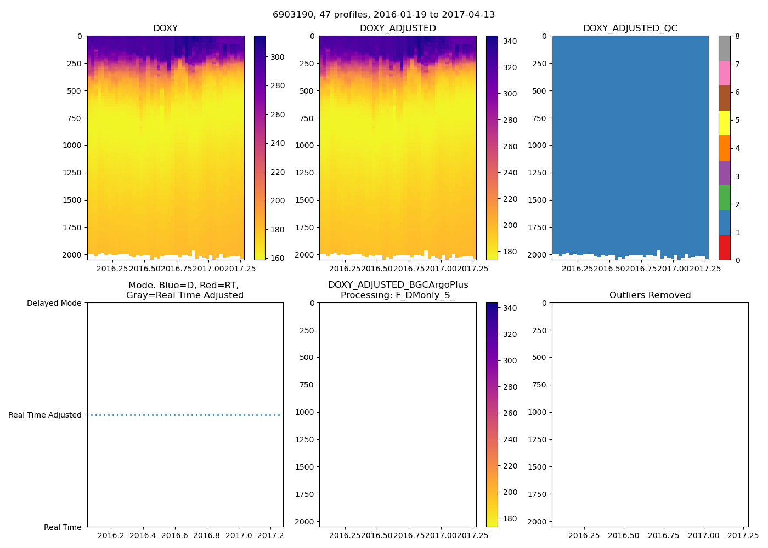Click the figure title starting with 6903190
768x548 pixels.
(383, 15)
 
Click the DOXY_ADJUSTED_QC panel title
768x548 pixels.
(630, 28)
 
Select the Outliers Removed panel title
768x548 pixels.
(650, 295)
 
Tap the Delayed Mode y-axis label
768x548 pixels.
(54, 303)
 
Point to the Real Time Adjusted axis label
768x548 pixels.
(45, 415)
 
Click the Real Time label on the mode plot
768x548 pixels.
(63, 527)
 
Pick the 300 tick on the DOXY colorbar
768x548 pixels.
(277, 57)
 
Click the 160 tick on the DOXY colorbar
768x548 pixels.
(277, 258)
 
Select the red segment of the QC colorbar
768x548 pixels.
(724, 248)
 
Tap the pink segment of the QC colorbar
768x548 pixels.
(724, 73)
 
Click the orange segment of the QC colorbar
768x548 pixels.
(724, 148)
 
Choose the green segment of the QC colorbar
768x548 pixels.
(724, 198)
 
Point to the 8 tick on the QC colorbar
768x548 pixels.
(737, 36)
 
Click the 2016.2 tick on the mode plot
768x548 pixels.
(111, 535)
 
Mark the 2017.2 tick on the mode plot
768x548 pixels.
(270, 535)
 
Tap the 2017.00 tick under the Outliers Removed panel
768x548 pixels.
(703, 535)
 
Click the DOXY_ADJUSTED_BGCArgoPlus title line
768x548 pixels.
(398, 285)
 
